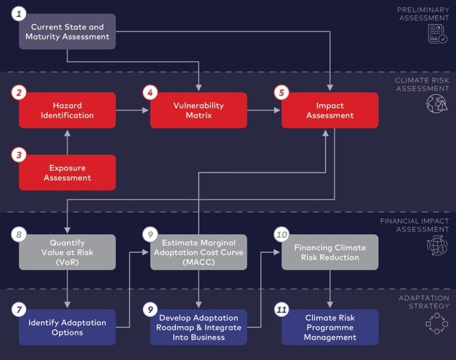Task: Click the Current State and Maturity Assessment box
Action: [67, 31]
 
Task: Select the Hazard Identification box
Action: [67, 110]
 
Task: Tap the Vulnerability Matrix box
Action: [198, 110]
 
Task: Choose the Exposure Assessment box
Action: [67, 172]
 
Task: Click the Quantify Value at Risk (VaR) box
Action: [67, 252]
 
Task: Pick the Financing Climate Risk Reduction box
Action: [330, 252]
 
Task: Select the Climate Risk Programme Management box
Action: [330, 327]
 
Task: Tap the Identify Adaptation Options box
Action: [67, 327]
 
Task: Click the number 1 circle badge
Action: [19, 14]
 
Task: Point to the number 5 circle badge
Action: [282, 93]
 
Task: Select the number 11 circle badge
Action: [282, 310]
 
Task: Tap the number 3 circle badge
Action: [19, 155]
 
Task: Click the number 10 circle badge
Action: [282, 235]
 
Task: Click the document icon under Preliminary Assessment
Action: [437, 34]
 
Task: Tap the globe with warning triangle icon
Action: [437, 104]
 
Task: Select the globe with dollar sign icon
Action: [437, 246]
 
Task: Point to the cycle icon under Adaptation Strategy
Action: [437, 323]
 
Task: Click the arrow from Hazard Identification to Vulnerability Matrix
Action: [132, 110]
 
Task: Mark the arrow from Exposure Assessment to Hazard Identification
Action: [67, 142]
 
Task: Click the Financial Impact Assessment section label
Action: [414, 225]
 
